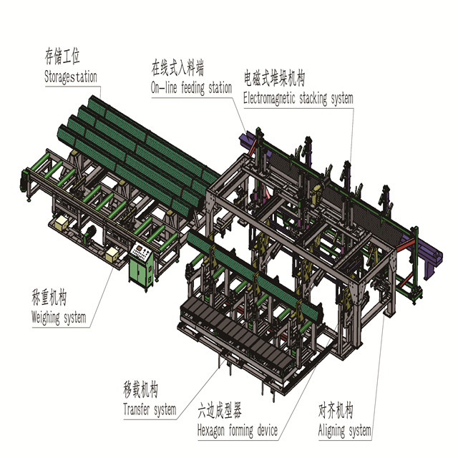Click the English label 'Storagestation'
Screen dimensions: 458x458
[x=70, y=77]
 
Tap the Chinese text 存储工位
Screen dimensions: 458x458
[x=62, y=56]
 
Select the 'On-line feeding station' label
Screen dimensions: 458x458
[x=191, y=87]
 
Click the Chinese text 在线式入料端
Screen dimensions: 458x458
[x=177, y=67]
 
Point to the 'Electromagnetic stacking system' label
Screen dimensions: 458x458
[x=298, y=98]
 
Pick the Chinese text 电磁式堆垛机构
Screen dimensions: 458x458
[x=275, y=78]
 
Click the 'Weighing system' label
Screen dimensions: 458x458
[x=59, y=318]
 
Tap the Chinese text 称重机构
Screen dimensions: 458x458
[x=49, y=297]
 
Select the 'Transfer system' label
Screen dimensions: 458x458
[x=150, y=409]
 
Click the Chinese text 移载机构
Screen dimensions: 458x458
[x=141, y=389]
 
